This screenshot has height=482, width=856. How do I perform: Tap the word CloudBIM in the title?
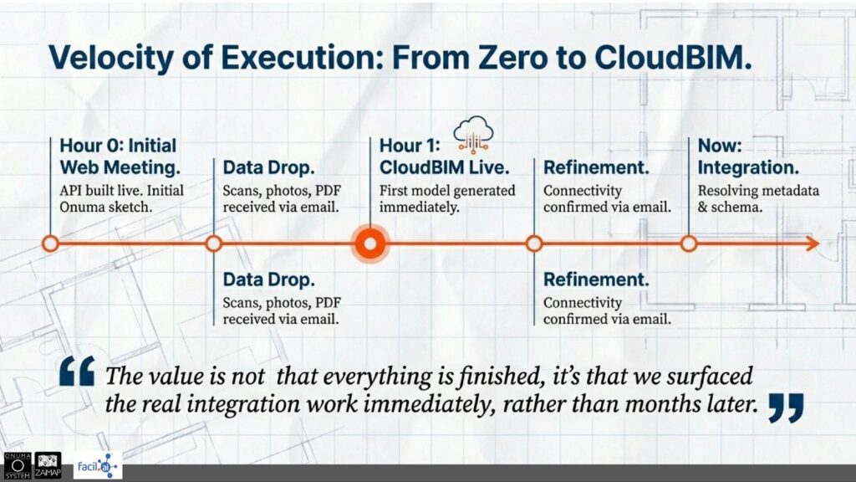point(673,56)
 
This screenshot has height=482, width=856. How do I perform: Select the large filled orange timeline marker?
point(370,244)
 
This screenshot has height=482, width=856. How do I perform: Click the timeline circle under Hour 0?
point(50,244)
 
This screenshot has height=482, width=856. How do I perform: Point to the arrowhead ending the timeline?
point(813,244)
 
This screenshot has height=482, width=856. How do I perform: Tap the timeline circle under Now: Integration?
point(689,244)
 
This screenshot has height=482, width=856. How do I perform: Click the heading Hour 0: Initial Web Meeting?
point(120,156)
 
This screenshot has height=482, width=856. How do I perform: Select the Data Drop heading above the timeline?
point(268,167)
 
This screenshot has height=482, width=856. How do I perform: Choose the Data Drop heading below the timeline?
point(268,279)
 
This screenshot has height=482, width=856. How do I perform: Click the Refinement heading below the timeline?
point(596,279)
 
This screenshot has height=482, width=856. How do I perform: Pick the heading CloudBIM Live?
point(445,167)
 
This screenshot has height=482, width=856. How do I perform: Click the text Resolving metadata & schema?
point(758,199)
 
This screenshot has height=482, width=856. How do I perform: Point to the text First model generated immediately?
point(447,199)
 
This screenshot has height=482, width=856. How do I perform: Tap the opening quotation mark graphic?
point(77,371)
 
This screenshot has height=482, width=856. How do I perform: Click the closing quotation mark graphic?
point(786,408)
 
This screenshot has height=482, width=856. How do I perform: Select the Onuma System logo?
point(18,465)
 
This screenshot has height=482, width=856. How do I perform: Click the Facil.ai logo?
point(98,466)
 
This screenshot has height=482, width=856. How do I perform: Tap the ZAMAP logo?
point(48,465)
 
